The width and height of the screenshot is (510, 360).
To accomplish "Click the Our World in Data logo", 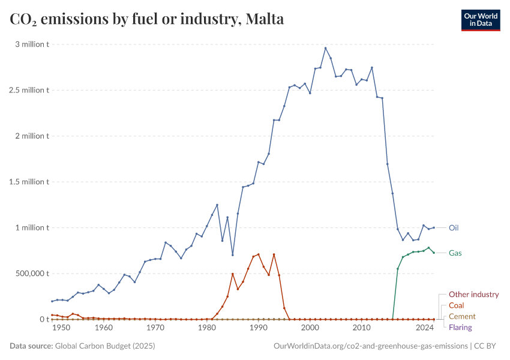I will tap(480, 20).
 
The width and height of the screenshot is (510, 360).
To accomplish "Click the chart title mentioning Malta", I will tap(147, 19).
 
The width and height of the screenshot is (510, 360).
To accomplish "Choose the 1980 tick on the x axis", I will tap(207, 328).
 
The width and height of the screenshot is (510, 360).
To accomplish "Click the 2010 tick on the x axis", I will tap(361, 328).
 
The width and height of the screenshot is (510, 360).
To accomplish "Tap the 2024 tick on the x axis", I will tap(425, 328).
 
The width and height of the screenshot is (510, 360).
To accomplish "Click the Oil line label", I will tap(454, 227).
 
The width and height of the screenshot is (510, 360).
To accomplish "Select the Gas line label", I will tap(455, 253).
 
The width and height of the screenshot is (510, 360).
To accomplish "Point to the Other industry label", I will tap(473, 294).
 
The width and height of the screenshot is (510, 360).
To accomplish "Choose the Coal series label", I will tap(456, 305).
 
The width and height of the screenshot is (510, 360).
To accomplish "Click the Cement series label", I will tap(462, 316).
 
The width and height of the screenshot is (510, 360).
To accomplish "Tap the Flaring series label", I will tap(460, 327).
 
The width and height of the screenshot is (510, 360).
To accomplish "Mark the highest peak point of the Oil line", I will tap(325, 48).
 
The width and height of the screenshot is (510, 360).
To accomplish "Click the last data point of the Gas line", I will tap(434, 253).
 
